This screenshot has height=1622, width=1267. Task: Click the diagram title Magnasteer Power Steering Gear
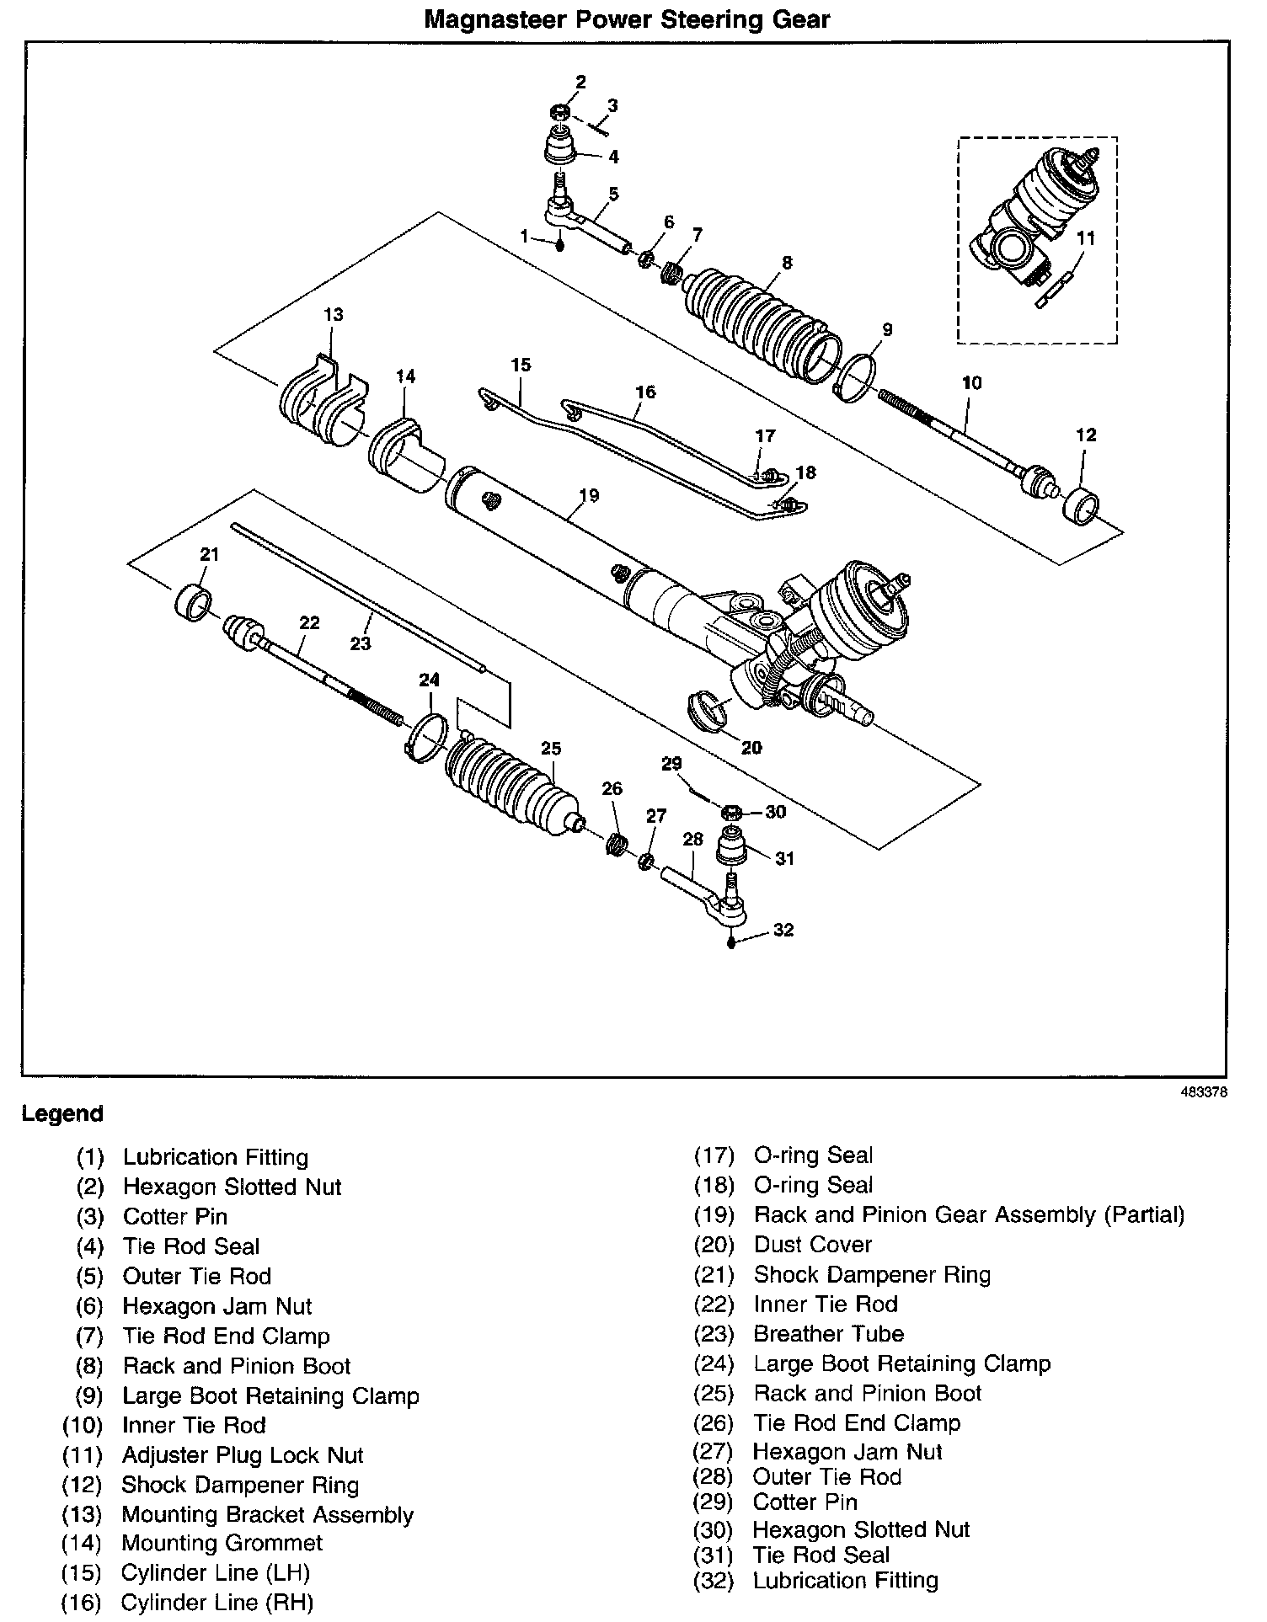point(627,19)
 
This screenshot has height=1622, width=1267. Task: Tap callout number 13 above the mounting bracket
point(333,315)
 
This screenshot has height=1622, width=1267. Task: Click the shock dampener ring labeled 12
point(1081,504)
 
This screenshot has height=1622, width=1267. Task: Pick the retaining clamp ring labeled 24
point(428,734)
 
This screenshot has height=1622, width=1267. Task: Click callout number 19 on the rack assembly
point(589,495)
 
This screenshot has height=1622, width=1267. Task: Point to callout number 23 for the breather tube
point(361,643)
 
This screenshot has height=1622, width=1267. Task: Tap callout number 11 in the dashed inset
point(1086,238)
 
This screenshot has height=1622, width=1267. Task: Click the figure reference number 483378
point(1203,1092)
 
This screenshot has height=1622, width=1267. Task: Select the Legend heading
point(62,1113)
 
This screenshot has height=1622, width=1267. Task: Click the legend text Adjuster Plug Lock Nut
point(243,1455)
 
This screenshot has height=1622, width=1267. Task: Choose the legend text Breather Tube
point(828,1334)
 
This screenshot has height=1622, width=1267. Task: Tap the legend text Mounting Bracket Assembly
point(268,1514)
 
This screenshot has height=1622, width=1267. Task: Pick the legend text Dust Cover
point(812,1245)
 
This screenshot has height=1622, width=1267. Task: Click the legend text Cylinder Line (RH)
point(217,1603)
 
